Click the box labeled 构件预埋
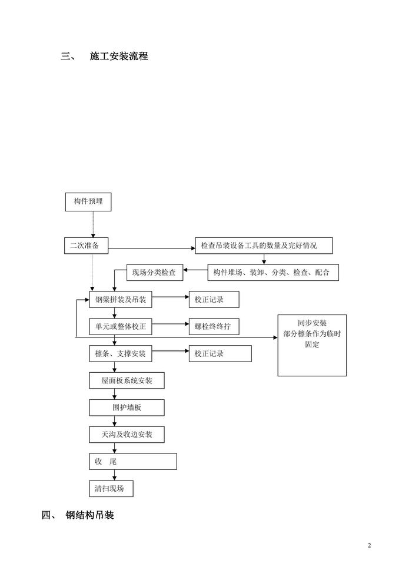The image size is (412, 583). point(88,201)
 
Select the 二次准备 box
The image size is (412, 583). point(86,246)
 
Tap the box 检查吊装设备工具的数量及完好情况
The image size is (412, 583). point(264,246)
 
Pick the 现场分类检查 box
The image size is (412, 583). point(155,273)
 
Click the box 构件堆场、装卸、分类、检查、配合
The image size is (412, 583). point(273,273)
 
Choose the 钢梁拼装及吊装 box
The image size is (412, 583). point(120,300)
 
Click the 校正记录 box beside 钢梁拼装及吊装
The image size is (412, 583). point(214,300)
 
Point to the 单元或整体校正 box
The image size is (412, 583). point(120,326)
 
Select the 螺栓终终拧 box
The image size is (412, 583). point(214,326)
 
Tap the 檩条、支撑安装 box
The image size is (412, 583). point(120,353)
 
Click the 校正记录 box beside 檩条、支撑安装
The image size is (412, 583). point(220,353)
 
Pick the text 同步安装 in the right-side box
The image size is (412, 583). point(312,323)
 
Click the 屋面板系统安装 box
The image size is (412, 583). point(127,380)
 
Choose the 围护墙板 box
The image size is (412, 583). point(127,408)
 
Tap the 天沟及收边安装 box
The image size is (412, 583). point(127,435)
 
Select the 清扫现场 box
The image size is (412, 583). point(111,489)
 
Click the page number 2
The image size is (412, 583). point(370,545)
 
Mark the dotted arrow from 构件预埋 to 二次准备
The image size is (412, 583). point(94,224)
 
